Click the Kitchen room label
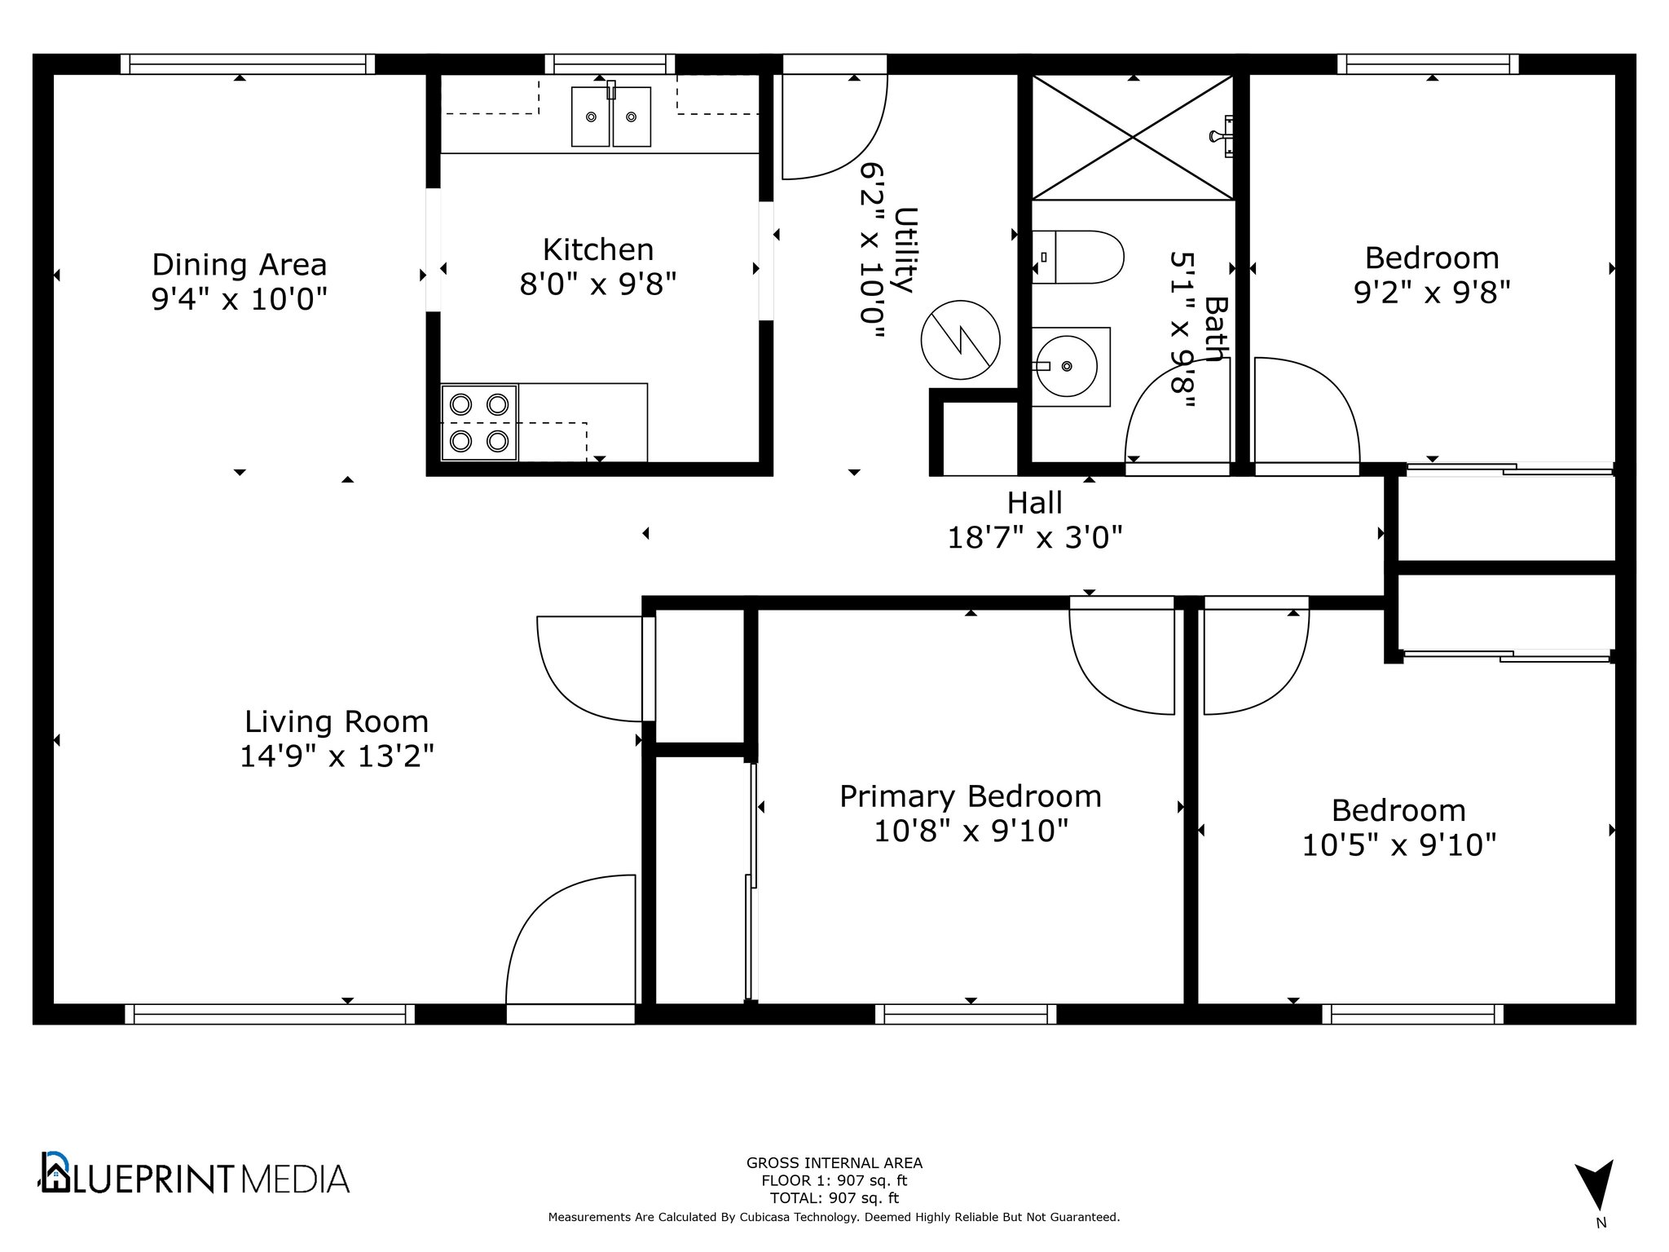pyautogui.click(x=598, y=249)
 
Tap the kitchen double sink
pyautogui.click(x=611, y=117)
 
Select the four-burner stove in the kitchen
pyautogui.click(x=479, y=422)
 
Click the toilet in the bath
pyautogui.click(x=1077, y=257)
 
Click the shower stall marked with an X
pyautogui.click(x=1133, y=137)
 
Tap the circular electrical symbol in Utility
pyautogui.click(x=961, y=340)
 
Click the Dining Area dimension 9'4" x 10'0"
pyautogui.click(x=240, y=299)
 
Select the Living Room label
pyautogui.click(x=337, y=721)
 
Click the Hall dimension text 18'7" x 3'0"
pyautogui.click(x=1035, y=537)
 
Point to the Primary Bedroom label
pyautogui.click(x=971, y=796)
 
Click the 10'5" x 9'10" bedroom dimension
pyautogui.click(x=1399, y=845)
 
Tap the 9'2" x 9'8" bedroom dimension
pyautogui.click(x=1433, y=292)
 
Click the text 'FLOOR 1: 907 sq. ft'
pyautogui.click(x=834, y=1180)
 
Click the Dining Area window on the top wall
pyautogui.click(x=248, y=64)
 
